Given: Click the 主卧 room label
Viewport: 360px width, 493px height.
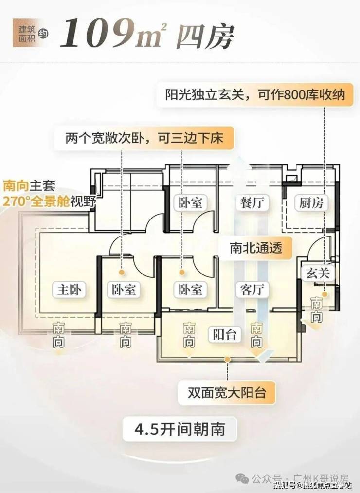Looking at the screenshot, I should tap(68, 290).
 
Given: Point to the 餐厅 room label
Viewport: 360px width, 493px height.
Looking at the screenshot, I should tap(252, 202).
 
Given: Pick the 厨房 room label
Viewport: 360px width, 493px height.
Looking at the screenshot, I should tap(311, 202).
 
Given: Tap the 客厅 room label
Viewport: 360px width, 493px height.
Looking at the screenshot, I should tap(252, 290).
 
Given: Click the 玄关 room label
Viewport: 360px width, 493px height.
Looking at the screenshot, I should tap(318, 273).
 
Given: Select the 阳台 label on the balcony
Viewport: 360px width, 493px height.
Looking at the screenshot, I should tap(225, 334).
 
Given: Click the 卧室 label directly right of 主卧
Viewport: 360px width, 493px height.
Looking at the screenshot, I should tap(123, 290).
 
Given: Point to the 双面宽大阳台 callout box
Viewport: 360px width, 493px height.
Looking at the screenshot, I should tap(227, 392).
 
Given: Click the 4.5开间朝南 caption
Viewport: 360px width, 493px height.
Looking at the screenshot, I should tap(180, 431).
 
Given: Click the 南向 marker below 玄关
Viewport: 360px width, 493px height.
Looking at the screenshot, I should tap(317, 311).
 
